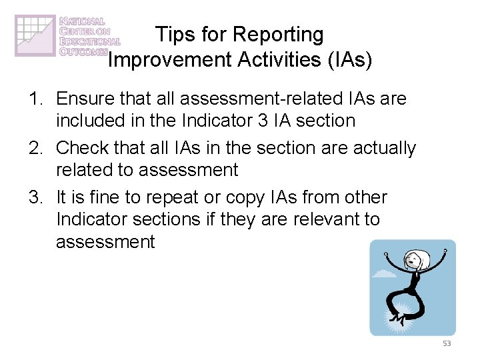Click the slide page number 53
[446, 343]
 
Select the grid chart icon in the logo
[35, 35]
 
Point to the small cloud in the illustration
[385, 273]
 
